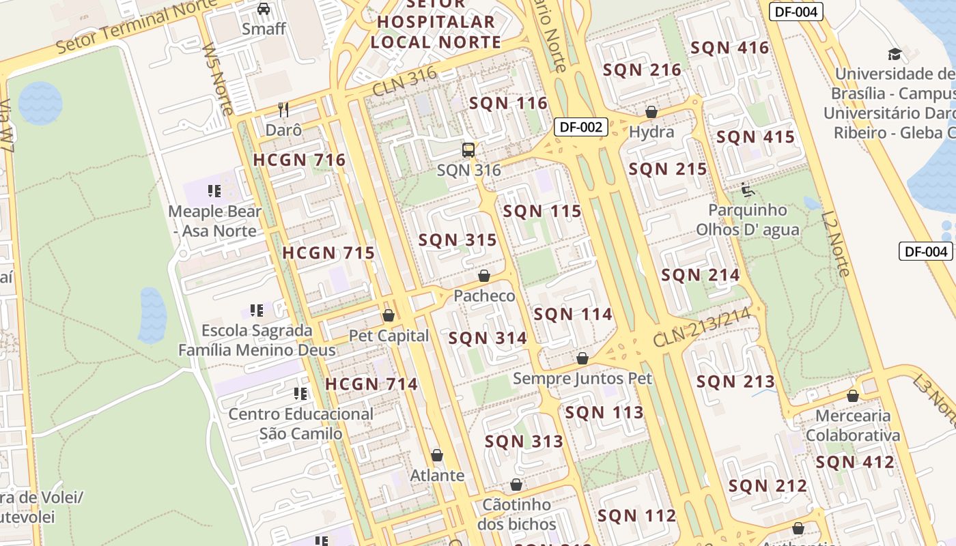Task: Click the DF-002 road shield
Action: (x=580, y=126)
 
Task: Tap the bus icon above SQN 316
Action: (x=468, y=150)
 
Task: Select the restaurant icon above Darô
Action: (x=283, y=109)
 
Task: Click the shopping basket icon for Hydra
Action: (x=651, y=112)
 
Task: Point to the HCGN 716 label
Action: (x=299, y=160)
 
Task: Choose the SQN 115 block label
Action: (x=542, y=212)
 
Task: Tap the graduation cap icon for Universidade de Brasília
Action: (x=894, y=54)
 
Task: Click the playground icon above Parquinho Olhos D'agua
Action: (x=747, y=189)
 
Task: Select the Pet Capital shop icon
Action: (x=389, y=315)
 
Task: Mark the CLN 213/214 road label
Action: (x=701, y=327)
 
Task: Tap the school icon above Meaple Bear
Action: (x=215, y=190)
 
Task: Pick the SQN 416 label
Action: (x=729, y=48)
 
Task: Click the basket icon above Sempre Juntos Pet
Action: (x=582, y=358)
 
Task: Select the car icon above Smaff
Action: (x=264, y=9)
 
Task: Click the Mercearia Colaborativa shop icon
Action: (x=852, y=396)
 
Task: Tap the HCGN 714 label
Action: (x=371, y=384)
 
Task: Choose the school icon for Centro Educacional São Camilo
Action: (x=300, y=393)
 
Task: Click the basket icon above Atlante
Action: (x=437, y=455)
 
